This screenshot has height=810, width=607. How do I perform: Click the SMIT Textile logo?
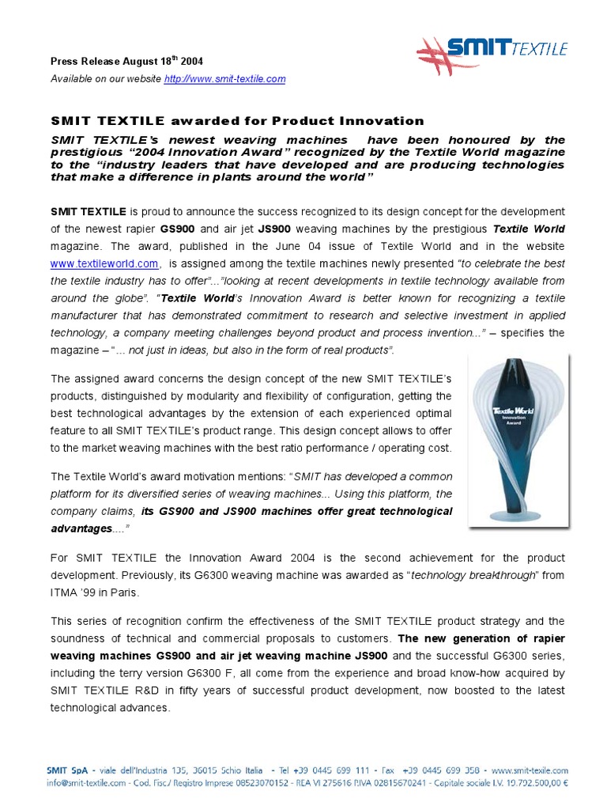(492, 55)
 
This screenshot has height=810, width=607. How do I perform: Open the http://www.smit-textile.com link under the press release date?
(224, 79)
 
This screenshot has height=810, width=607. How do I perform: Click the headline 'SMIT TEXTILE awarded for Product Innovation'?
(237, 121)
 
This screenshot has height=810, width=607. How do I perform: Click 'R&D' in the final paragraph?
(169, 691)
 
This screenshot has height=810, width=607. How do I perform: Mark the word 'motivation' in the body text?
(202, 477)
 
